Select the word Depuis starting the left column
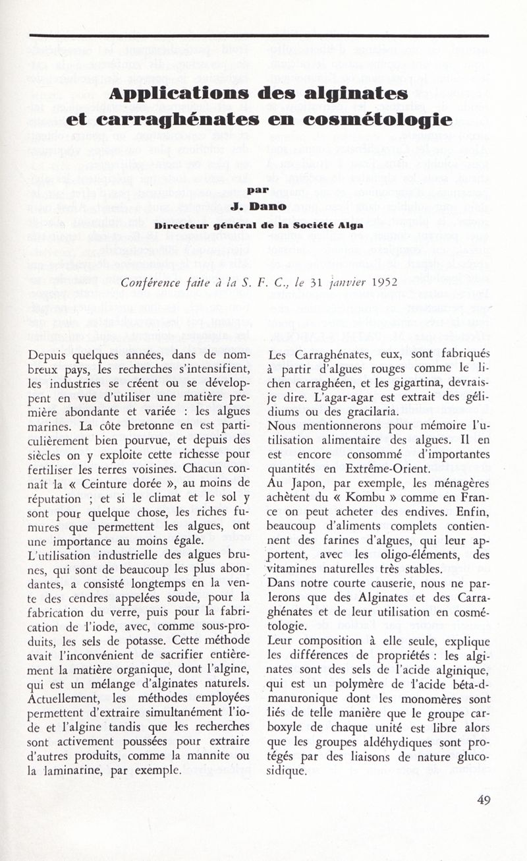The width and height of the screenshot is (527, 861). click(51, 355)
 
